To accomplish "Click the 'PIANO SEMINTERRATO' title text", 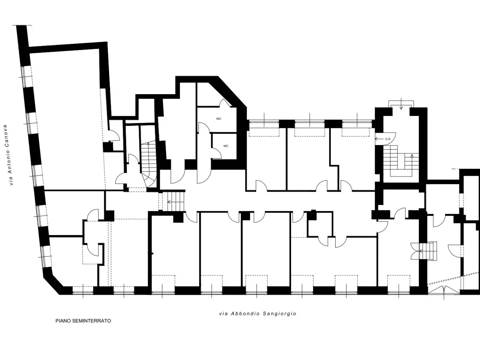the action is click(x=83, y=321).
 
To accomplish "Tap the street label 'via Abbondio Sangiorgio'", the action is click(x=258, y=313).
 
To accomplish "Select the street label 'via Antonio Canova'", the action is click(x=8, y=155).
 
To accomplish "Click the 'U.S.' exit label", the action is click(x=388, y=139).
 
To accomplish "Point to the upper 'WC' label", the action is click(x=219, y=119).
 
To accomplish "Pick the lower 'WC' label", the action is click(x=226, y=146).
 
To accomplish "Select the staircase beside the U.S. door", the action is click(x=401, y=160).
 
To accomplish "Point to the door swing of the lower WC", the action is click(x=216, y=153).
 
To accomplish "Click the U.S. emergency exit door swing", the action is click(x=385, y=139).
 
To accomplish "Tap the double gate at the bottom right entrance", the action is click(x=444, y=289).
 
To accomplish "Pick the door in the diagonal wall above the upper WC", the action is click(x=225, y=103).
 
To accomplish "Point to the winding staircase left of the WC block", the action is click(x=149, y=164).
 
